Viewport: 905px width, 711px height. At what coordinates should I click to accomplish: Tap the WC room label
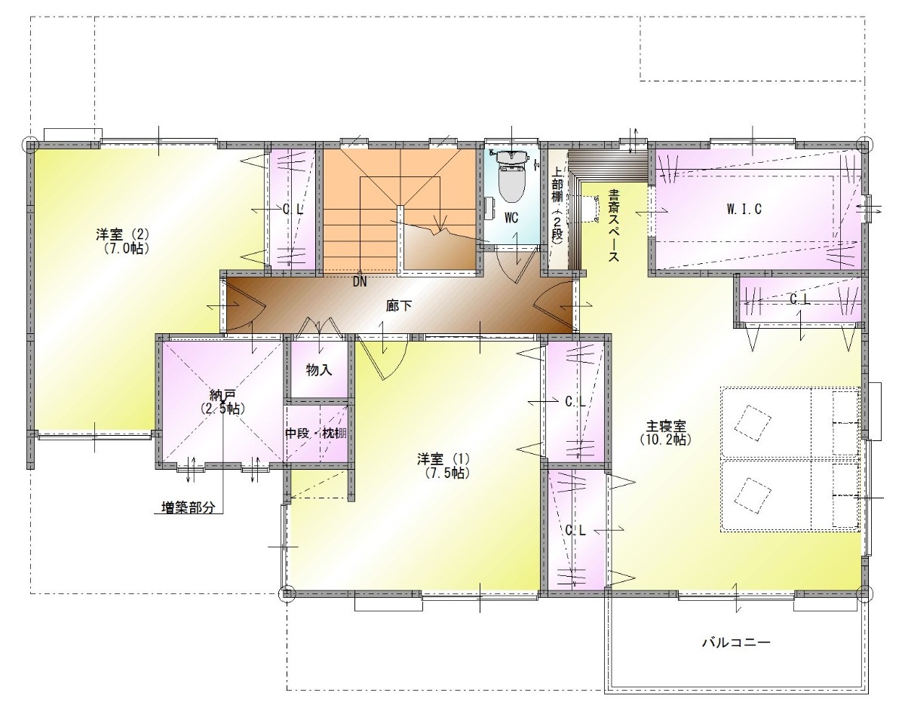(x=511, y=218)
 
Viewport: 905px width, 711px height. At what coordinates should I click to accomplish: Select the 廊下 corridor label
(x=398, y=306)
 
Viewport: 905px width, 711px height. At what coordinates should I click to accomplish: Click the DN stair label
(x=360, y=282)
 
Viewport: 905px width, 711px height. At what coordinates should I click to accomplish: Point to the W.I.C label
(x=744, y=209)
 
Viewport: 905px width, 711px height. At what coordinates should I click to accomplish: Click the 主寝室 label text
(x=666, y=426)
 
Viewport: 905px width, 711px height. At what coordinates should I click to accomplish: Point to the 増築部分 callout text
(x=189, y=508)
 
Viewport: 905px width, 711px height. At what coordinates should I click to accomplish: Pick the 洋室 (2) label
(x=122, y=234)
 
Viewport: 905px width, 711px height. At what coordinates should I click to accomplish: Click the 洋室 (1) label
(x=443, y=459)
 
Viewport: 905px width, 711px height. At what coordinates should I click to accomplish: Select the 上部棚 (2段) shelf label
(x=557, y=204)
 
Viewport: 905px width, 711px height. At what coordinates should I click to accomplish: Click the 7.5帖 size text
(x=447, y=473)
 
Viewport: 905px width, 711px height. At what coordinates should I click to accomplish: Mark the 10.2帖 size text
(x=665, y=440)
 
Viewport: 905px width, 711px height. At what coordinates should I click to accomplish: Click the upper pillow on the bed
(x=752, y=423)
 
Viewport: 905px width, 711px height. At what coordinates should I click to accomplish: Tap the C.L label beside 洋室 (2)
(x=293, y=210)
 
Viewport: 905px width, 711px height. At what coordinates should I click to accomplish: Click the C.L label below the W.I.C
(x=800, y=299)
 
